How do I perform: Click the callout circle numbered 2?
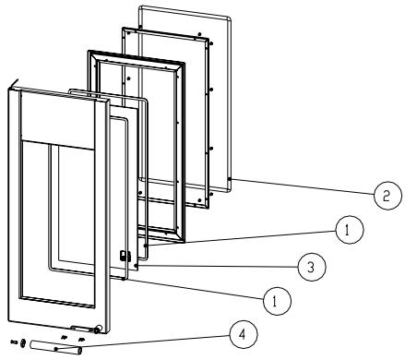(387, 196)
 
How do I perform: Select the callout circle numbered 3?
(312, 267)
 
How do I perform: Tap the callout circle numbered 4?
(244, 334)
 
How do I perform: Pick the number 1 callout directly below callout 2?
(350, 230)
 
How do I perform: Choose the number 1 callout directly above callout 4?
(277, 301)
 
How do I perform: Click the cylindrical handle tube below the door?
(55, 348)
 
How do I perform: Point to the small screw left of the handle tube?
(14, 342)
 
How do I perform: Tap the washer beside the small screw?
(23, 342)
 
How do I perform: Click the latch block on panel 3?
(125, 256)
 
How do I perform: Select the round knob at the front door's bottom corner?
(99, 329)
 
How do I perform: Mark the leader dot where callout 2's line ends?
(229, 179)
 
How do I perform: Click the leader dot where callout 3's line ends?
(136, 265)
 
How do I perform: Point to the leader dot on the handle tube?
(56, 349)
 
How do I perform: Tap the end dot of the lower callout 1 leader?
(124, 279)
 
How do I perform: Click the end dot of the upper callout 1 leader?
(146, 246)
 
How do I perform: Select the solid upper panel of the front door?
(58, 120)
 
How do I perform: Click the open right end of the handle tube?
(79, 351)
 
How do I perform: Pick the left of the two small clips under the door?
(64, 337)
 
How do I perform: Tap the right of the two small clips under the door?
(81, 339)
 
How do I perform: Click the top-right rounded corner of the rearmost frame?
(228, 20)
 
